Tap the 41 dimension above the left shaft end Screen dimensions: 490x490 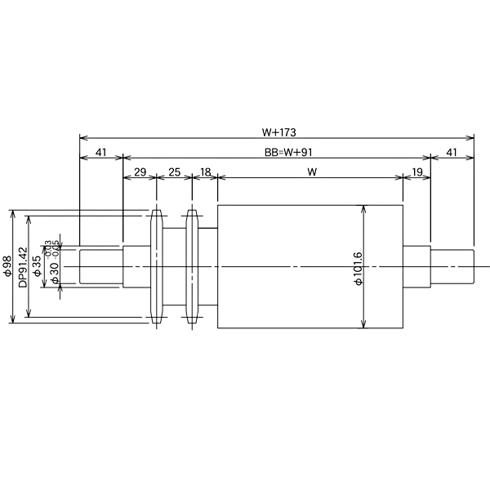coord(100,151)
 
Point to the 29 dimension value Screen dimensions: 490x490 coord(139,172)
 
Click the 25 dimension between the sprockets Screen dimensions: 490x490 coord(174,172)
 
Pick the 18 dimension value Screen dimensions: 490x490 coord(204,172)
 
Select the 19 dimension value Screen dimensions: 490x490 coord(416,172)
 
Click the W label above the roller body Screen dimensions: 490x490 coord(310,172)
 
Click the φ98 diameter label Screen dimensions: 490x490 coord(7,267)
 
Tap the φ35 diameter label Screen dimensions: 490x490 coord(38,267)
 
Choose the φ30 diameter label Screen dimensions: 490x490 coord(54,274)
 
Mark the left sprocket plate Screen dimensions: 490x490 coord(157,268)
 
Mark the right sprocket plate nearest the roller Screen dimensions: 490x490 coord(193,268)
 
